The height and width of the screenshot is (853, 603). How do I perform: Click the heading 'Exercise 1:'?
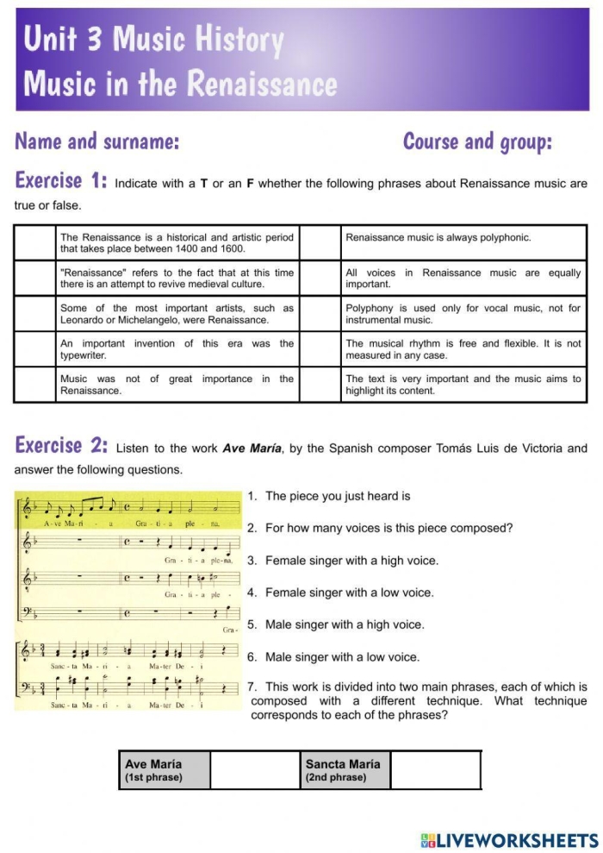(x=60, y=181)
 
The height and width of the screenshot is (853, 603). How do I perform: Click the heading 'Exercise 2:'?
(x=60, y=446)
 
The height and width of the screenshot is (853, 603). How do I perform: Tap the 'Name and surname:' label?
(x=97, y=141)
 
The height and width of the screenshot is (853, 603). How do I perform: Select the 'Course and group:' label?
(x=477, y=141)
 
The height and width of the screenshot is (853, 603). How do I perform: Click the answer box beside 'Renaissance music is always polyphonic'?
(x=320, y=242)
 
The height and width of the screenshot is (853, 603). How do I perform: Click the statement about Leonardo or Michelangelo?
(x=177, y=314)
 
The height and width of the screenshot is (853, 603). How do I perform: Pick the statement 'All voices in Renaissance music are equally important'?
(x=463, y=279)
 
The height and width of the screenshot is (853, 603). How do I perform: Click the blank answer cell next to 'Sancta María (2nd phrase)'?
(x=435, y=769)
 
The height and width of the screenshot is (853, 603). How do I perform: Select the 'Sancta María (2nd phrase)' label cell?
(x=345, y=769)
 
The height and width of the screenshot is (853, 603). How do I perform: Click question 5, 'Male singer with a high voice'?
(x=344, y=624)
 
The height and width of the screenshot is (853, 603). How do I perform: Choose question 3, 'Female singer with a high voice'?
(x=351, y=561)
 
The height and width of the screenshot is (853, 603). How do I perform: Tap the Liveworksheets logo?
(x=509, y=839)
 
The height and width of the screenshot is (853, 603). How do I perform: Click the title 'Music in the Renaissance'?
(x=181, y=84)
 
